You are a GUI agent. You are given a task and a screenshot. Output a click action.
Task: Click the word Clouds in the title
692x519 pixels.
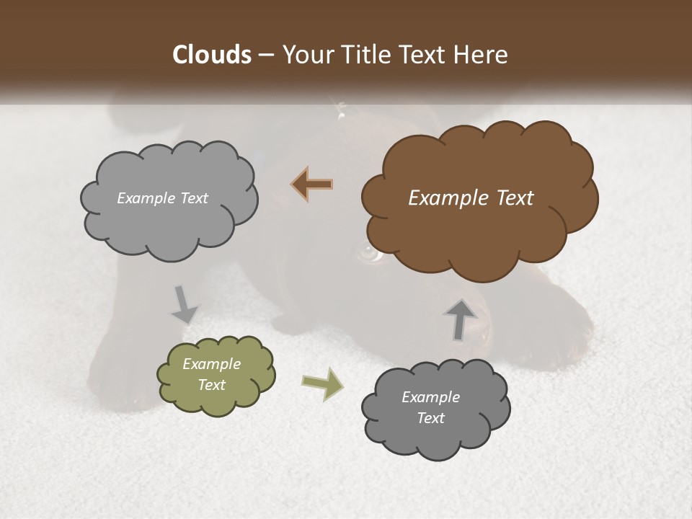[211, 55]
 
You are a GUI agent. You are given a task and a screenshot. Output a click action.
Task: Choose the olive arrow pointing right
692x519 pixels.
[323, 383]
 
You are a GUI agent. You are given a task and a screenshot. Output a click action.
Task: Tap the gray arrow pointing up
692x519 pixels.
[461, 318]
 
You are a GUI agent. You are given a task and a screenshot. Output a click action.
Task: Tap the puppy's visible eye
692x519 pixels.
[370, 254]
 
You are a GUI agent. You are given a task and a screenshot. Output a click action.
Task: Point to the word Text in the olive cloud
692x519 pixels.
[212, 385]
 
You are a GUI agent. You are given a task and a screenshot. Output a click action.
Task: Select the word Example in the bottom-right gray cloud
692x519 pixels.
[430, 397]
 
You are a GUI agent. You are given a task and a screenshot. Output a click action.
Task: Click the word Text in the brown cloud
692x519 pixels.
[515, 198]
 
